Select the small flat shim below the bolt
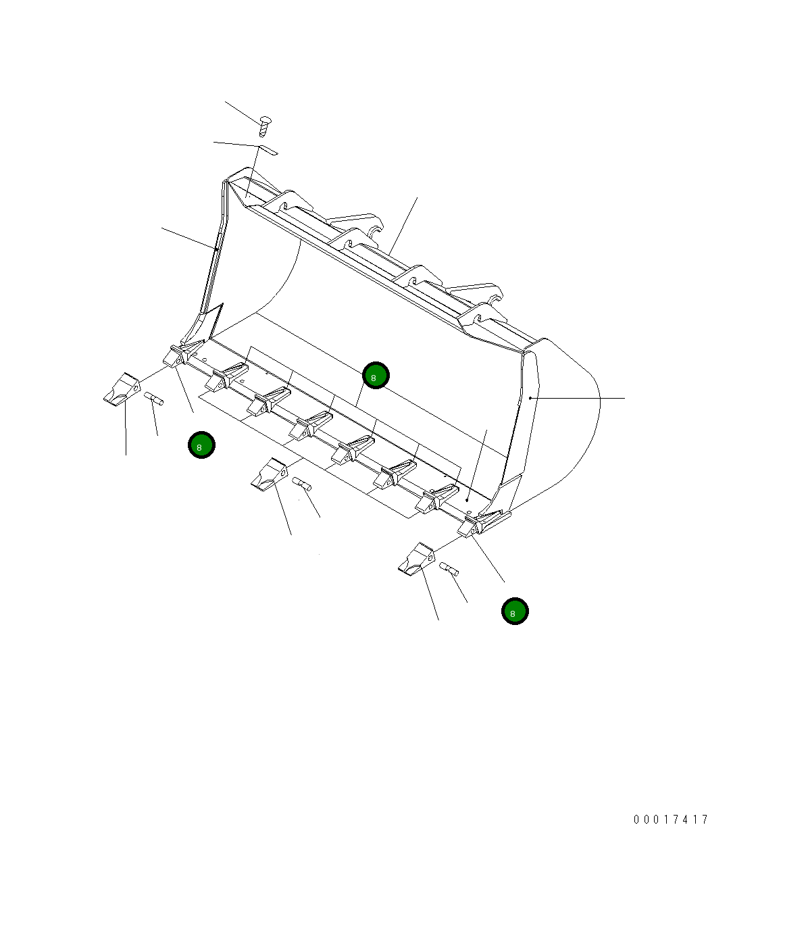click(268, 149)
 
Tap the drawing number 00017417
click(671, 820)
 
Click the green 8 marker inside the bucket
click(376, 376)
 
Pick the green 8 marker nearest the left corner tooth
click(201, 445)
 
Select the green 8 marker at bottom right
click(515, 611)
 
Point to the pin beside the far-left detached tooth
click(154, 399)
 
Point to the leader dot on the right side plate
click(530, 398)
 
